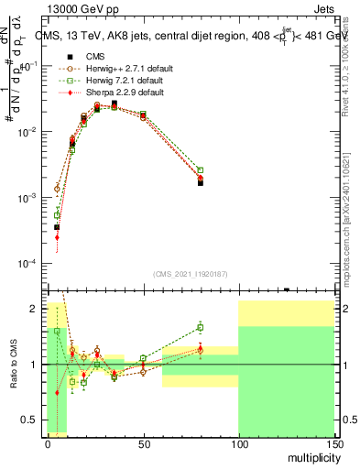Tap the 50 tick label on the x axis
[x=143, y=442]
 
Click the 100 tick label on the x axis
[x=238, y=442]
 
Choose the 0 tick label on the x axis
[x=48, y=442]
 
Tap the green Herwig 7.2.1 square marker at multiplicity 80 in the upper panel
[x=200, y=170]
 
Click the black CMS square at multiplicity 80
[x=200, y=183]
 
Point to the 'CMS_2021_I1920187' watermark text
[x=191, y=274]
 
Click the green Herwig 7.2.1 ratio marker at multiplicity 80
[x=200, y=327]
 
